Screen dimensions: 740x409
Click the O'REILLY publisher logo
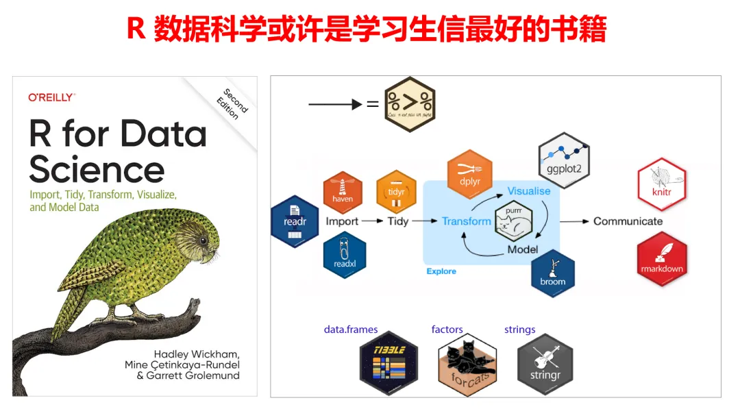51,98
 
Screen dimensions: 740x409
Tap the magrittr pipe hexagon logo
410,104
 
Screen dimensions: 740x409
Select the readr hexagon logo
295,221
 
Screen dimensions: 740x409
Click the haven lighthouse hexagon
343,191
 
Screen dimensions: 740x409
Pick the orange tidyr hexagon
397,192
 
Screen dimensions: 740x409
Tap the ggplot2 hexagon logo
564,160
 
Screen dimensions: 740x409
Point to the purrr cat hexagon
513,221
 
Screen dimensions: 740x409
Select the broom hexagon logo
552,273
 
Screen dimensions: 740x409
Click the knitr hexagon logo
661,184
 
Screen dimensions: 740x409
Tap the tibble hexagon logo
388,360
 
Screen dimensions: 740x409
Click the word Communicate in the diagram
628,221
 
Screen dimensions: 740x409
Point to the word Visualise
528,191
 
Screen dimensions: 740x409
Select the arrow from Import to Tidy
372,221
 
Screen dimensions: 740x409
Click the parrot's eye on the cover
203,241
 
